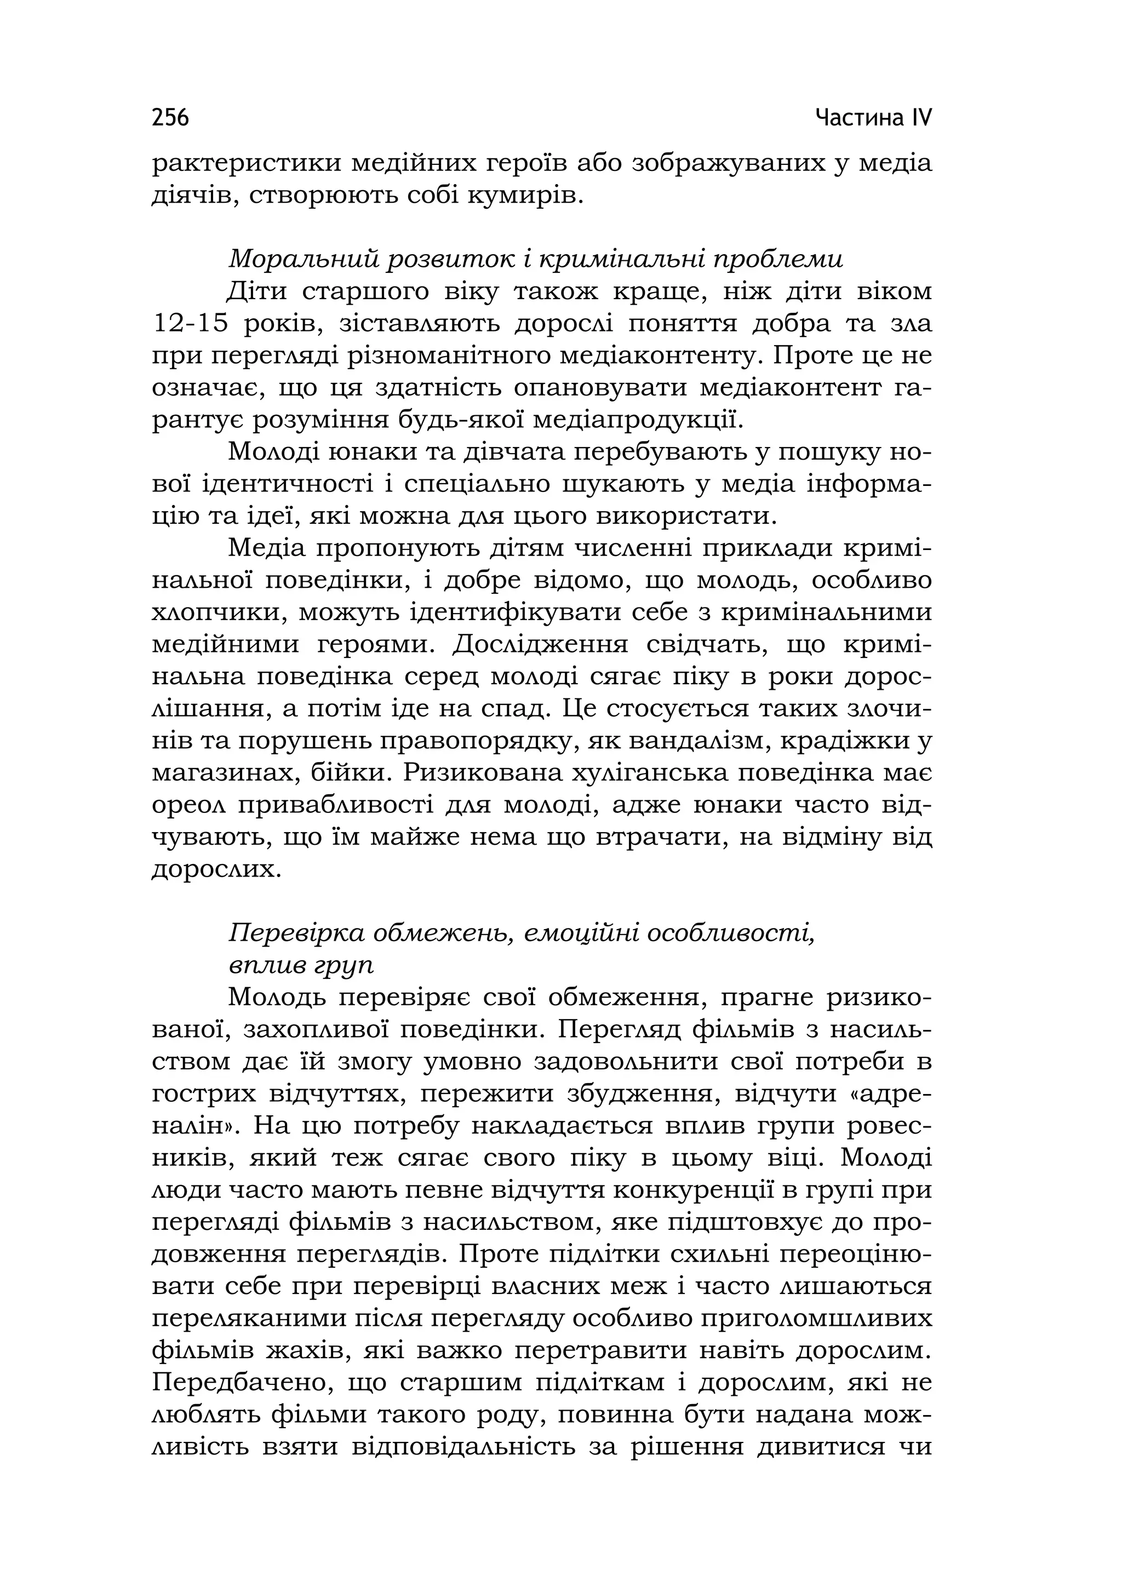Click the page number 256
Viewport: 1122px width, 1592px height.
click(x=170, y=118)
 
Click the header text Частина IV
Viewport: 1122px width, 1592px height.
click(x=873, y=118)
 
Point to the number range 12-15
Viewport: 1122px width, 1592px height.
click(x=190, y=324)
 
